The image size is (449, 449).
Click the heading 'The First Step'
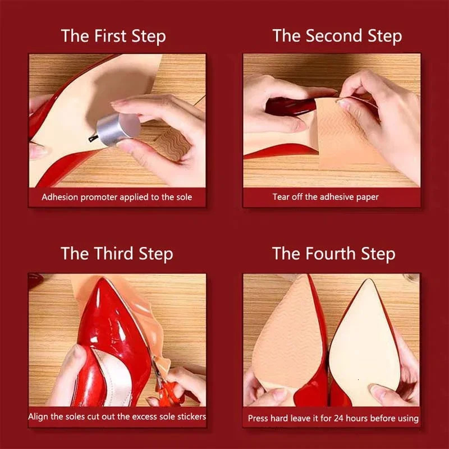coord(113,36)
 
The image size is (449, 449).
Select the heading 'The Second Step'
coord(337,36)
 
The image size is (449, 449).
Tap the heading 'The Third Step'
coord(117,253)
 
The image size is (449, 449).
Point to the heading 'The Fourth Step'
coord(333,253)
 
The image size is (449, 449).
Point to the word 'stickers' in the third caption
coord(190,416)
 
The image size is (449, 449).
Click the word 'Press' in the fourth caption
coord(259,418)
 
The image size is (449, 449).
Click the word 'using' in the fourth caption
coord(406,418)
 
